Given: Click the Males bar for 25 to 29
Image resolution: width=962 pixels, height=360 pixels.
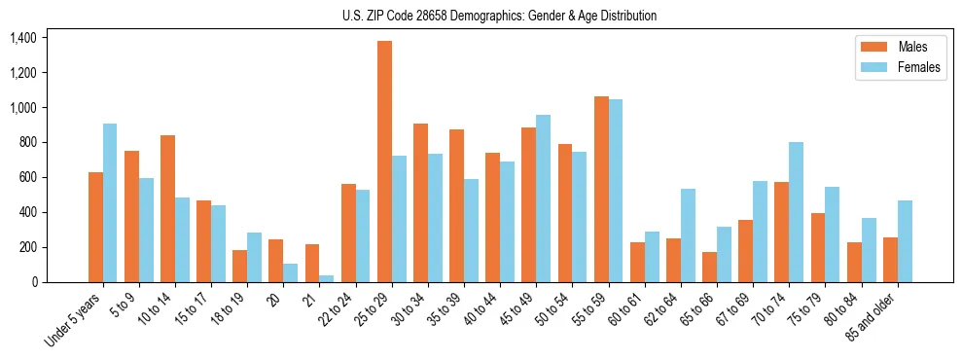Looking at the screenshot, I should (384, 162).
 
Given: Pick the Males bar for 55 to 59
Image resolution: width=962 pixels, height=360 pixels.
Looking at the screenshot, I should (601, 189).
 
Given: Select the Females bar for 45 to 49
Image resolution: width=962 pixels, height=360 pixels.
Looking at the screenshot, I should (544, 198).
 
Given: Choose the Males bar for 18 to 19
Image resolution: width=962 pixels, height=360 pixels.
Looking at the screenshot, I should (239, 266).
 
